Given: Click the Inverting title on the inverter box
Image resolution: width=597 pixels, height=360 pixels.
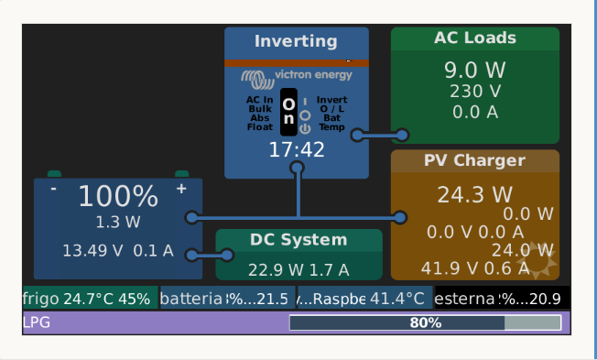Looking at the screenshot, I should click(x=296, y=42).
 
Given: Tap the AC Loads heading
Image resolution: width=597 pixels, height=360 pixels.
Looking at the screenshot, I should click(x=474, y=38).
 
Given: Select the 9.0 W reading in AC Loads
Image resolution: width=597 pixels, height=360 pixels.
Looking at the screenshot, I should click(x=474, y=70).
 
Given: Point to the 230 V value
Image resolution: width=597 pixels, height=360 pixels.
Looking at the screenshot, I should click(x=474, y=92).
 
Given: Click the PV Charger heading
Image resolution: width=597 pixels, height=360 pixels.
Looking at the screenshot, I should click(x=474, y=161).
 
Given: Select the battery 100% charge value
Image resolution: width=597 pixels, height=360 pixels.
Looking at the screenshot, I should click(x=117, y=196).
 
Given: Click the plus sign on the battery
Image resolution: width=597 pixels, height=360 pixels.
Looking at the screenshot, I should click(x=181, y=189).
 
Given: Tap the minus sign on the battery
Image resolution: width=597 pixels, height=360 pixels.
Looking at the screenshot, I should click(x=54, y=189).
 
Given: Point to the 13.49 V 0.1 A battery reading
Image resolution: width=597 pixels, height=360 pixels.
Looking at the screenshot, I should click(x=117, y=250).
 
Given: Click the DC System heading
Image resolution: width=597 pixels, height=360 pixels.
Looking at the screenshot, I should click(x=298, y=240).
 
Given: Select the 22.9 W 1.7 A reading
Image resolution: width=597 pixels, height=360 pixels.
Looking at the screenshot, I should click(x=298, y=269).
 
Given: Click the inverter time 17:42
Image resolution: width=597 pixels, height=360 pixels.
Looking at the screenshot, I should click(x=296, y=149).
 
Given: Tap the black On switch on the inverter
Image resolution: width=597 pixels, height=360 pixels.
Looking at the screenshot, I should click(x=288, y=113).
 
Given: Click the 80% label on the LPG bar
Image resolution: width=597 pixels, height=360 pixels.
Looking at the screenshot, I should click(x=425, y=322).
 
